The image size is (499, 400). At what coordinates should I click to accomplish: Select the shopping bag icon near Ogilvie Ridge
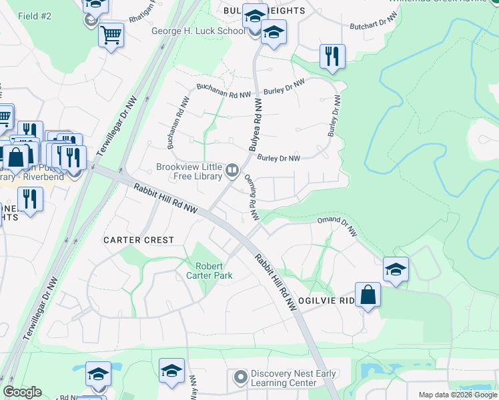tap(368, 295)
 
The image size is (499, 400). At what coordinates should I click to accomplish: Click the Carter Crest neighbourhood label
tap(138, 239)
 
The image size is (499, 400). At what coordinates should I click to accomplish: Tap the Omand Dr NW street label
tap(338, 225)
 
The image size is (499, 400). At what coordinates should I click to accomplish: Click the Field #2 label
tap(35, 15)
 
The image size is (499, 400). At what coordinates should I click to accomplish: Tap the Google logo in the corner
tap(22, 392)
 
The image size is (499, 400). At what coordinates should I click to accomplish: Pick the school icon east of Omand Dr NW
tap(396, 269)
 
